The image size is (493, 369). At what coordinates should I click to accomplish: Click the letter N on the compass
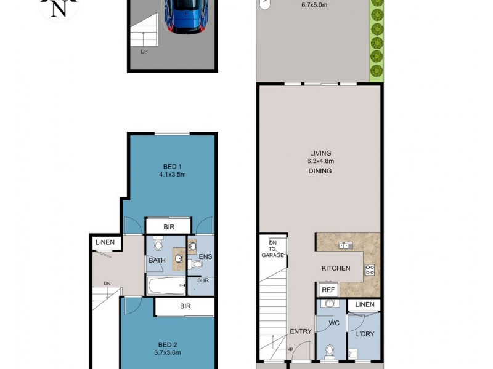pyautogui.click(x=59, y=8)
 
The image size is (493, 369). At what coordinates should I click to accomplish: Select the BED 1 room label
pyautogui.click(x=172, y=166)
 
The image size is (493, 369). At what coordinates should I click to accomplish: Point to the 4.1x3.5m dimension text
pyautogui.click(x=172, y=174)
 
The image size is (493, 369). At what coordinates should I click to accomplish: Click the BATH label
pyautogui.click(x=157, y=260)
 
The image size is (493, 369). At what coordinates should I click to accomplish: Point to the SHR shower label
pyautogui.click(x=203, y=280)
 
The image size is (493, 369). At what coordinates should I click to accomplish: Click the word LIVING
pyautogui.click(x=320, y=153)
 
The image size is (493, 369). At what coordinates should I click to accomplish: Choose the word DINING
pyautogui.click(x=320, y=171)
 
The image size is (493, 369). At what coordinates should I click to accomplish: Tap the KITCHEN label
pyautogui.click(x=336, y=268)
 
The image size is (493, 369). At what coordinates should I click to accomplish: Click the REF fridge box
pyautogui.click(x=328, y=290)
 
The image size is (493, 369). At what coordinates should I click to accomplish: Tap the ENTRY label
pyautogui.click(x=301, y=331)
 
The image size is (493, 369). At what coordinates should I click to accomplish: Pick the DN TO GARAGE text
pyautogui.click(x=272, y=248)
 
